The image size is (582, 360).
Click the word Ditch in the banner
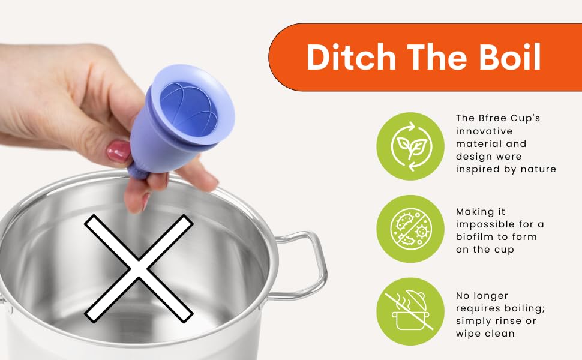pyautogui.click(x=351, y=57)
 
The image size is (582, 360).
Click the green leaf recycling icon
pyautogui.click(x=410, y=146)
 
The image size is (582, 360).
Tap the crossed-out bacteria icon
pyautogui.click(x=410, y=229)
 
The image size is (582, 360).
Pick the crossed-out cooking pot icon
pyautogui.click(x=410, y=311)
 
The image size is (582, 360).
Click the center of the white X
pyautogui.click(x=139, y=268)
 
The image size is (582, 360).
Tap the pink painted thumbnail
pyautogui.click(x=119, y=151)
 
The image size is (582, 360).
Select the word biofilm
pyautogui.click(x=473, y=237)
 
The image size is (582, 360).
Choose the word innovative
pyautogui.click(x=484, y=131)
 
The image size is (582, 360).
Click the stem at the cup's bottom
pyautogui.click(x=136, y=173)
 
